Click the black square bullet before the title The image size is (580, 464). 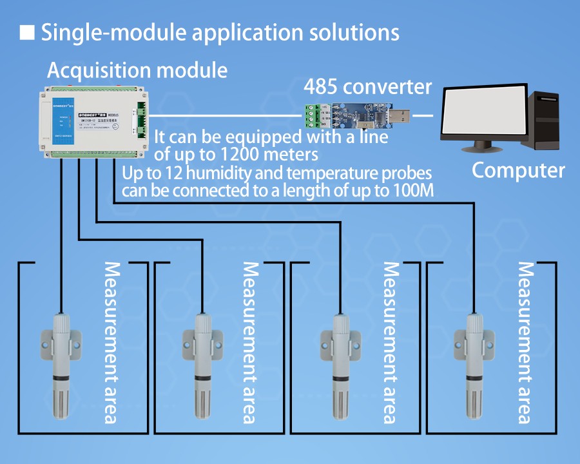27,32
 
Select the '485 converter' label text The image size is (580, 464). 367,86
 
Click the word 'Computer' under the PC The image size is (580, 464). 518,171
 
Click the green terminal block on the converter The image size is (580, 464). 311,116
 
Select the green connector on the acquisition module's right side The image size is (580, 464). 141,116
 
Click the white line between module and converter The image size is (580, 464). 226,116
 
